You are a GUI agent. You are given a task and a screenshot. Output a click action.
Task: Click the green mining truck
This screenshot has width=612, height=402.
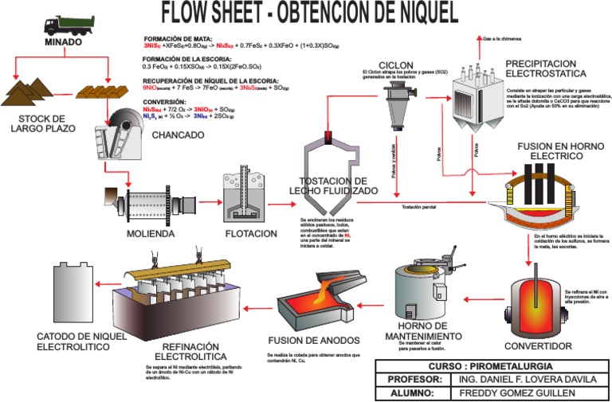click(x=64, y=26)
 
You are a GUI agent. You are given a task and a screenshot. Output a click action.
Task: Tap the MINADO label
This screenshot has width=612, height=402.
click(x=64, y=42)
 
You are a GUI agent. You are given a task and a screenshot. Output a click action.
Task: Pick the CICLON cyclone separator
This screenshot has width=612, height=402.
click(x=396, y=102)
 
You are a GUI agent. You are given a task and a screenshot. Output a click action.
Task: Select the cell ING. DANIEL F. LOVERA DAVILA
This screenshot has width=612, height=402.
click(x=525, y=380)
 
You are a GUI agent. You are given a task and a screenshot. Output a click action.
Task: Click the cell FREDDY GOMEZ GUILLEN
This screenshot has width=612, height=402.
click(x=525, y=393)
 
